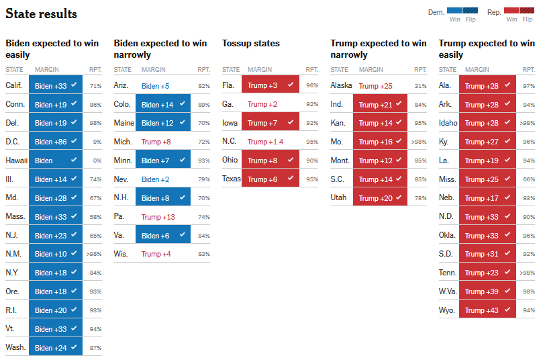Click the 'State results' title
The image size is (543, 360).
[x=41, y=14]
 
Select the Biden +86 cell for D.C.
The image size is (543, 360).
[x=56, y=141]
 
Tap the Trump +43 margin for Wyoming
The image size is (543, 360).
[x=487, y=310]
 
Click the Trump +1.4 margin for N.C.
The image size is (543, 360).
[x=265, y=142]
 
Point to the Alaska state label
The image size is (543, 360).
[x=341, y=85]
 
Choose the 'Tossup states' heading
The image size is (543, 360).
[x=251, y=43]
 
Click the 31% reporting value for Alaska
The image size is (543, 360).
[x=421, y=86]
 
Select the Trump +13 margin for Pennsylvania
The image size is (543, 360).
[x=158, y=217]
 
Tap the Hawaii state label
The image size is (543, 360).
[x=17, y=161]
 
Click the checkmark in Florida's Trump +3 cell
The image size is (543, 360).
[x=291, y=84]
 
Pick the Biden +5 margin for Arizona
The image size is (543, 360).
[x=155, y=86]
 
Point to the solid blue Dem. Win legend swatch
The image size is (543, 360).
[x=454, y=10]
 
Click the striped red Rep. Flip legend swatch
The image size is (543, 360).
[x=527, y=10]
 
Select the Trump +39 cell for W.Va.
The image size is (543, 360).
[x=487, y=291]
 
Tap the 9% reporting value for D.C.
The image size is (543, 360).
[x=97, y=142]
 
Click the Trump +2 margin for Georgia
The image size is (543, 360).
[x=262, y=104]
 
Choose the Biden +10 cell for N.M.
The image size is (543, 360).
[x=56, y=254]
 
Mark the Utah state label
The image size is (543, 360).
[x=338, y=197]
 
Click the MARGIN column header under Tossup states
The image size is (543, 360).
[x=260, y=70]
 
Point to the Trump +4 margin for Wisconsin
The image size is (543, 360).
[x=156, y=254]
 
